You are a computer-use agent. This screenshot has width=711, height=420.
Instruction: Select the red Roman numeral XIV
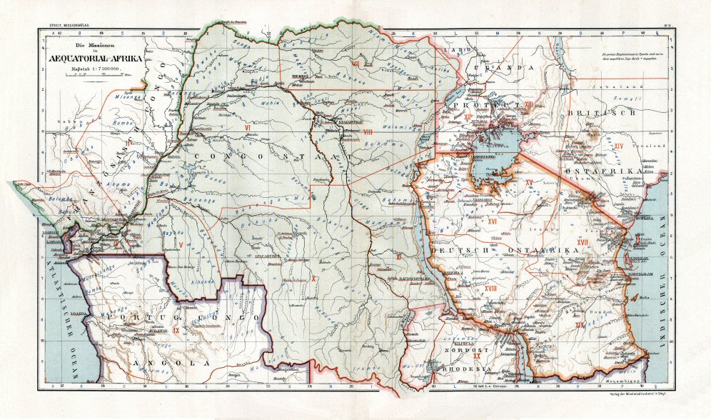(x=620, y=146)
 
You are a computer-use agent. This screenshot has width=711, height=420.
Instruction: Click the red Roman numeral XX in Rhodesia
(x=476, y=355)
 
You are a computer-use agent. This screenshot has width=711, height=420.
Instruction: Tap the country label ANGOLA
(x=171, y=362)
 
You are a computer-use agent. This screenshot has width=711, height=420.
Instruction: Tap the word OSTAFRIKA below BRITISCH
(x=595, y=174)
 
